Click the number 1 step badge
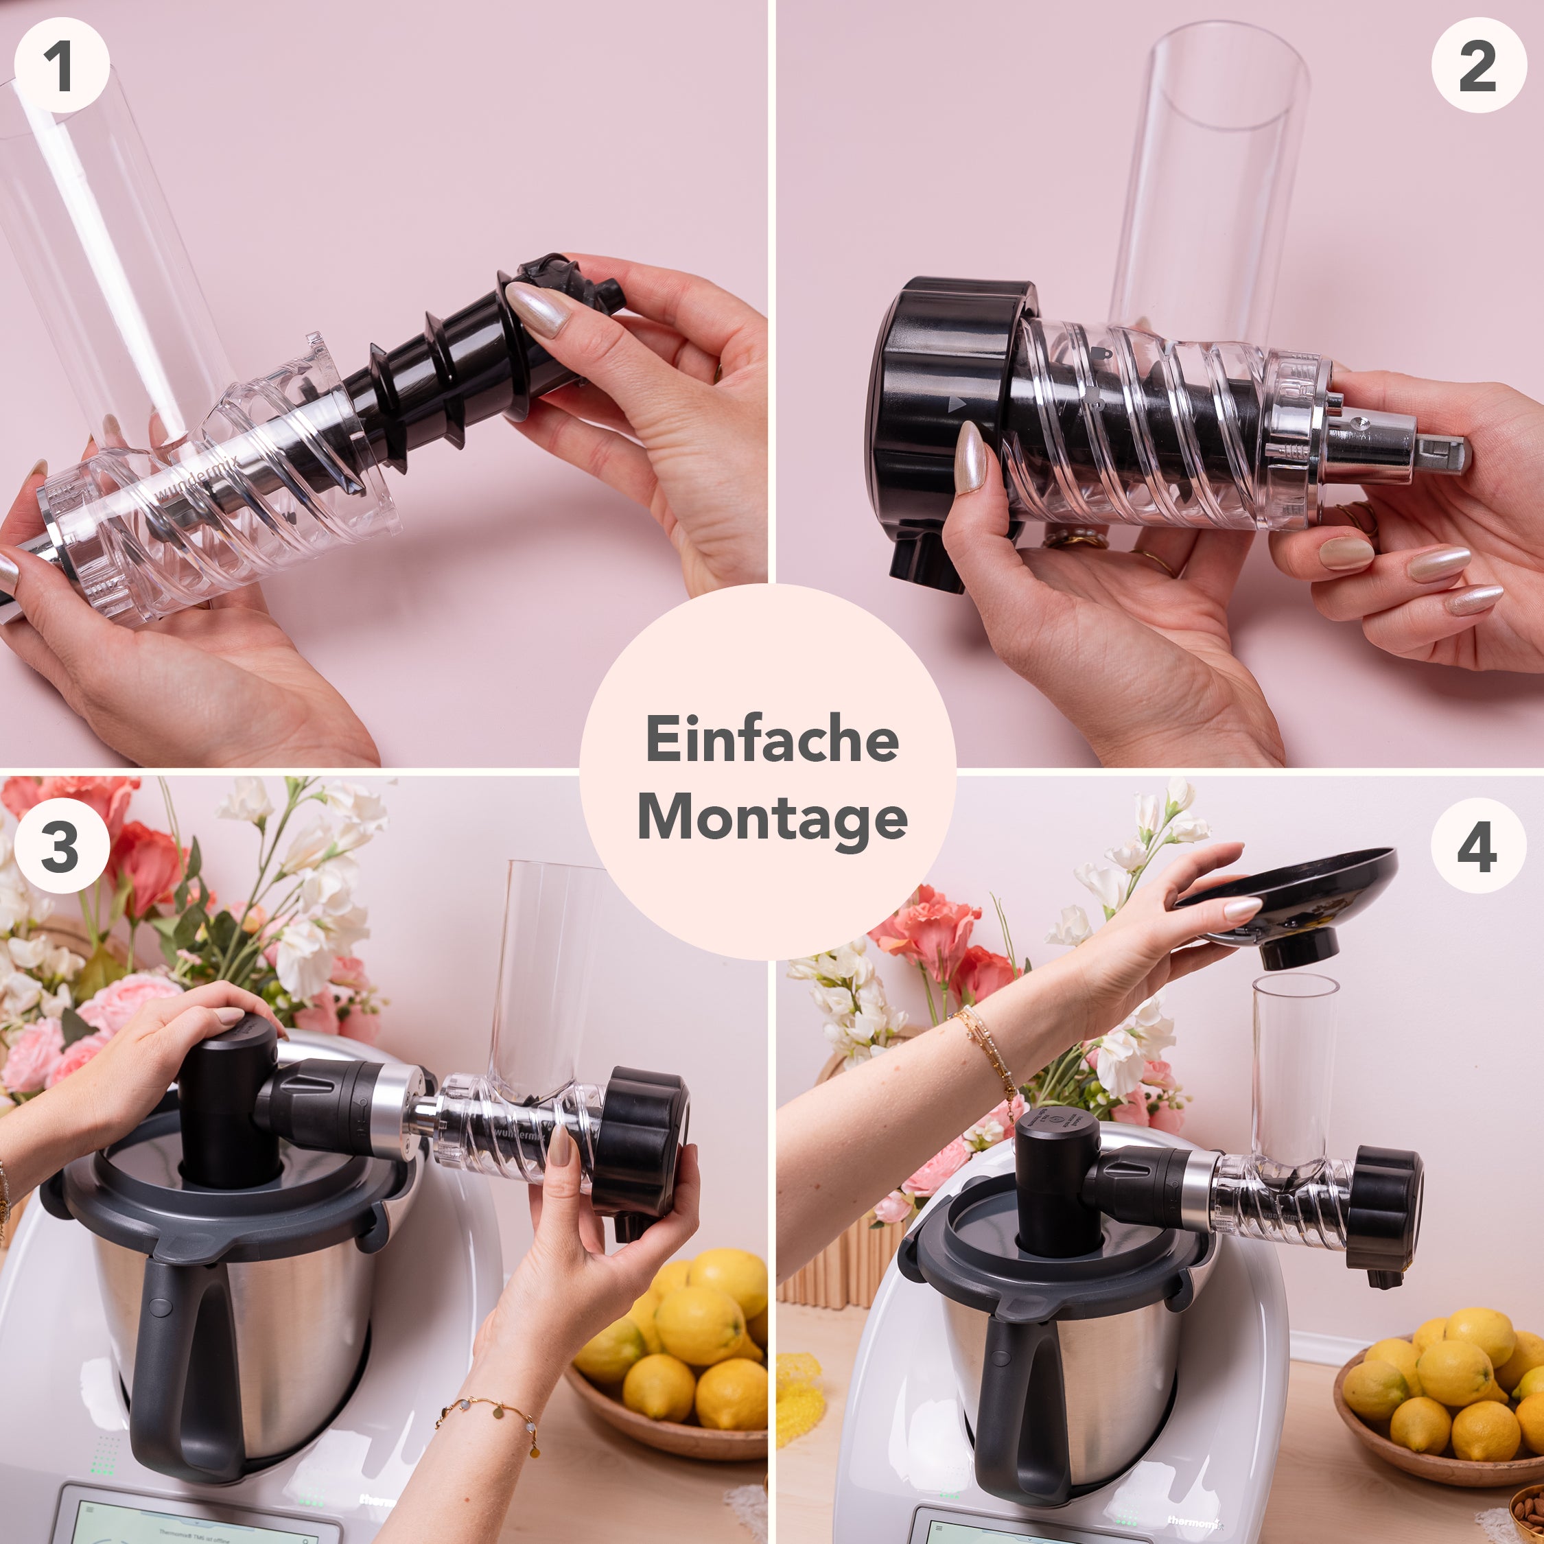pos(62,65)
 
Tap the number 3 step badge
pos(62,845)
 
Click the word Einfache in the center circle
pos(771,739)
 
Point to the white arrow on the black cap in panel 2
pos(956,404)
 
